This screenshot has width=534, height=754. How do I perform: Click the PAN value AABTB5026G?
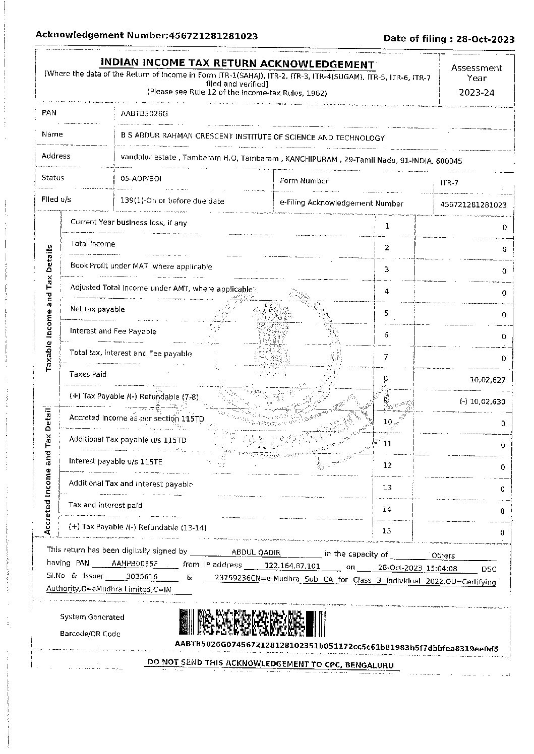tap(144, 114)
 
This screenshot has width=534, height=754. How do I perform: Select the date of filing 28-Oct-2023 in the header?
tap(485, 39)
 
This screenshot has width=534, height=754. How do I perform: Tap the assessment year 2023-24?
tap(477, 93)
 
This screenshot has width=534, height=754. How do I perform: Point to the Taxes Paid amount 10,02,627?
tap(488, 380)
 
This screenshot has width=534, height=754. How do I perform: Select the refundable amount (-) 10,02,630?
tap(482, 402)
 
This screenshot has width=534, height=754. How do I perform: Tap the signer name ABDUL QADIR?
tap(256, 553)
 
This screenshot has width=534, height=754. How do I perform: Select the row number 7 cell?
tap(386, 357)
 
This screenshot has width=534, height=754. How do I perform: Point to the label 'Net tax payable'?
tap(97, 309)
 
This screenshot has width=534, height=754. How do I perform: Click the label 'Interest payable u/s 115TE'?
tap(115, 461)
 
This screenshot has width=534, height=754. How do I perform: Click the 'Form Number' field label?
tap(304, 181)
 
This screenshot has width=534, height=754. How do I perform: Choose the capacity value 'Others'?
tap(443, 556)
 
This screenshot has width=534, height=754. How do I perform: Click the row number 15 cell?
tap(387, 531)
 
